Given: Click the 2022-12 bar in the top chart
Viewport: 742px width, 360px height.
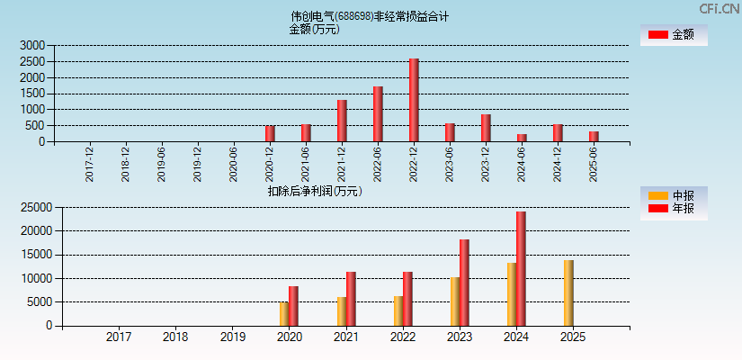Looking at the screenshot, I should point(414,100).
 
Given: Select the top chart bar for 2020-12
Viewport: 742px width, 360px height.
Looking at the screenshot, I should point(270,133).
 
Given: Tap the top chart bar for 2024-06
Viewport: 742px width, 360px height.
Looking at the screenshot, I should point(522,138).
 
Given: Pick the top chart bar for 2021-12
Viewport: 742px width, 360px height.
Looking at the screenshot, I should point(342,121).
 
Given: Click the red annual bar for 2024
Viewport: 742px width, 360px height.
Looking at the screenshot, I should point(521,268).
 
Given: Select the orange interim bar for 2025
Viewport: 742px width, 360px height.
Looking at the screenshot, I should point(568,292).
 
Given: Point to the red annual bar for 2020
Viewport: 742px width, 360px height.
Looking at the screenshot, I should point(293,306).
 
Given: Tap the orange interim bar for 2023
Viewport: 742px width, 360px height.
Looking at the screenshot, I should point(455,301).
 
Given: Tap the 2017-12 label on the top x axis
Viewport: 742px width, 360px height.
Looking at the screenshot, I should point(90,164).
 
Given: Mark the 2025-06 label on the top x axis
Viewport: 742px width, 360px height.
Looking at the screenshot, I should point(594,164).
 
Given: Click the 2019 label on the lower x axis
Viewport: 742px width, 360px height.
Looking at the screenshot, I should point(232,337).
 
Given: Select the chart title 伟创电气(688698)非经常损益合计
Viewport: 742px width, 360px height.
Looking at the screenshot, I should point(369,16).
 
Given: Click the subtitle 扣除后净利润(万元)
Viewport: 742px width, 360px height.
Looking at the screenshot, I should point(314,191).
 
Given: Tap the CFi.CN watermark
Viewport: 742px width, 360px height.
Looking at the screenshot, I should point(720,8).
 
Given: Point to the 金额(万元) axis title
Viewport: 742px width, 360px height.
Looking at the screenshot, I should point(314,29).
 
